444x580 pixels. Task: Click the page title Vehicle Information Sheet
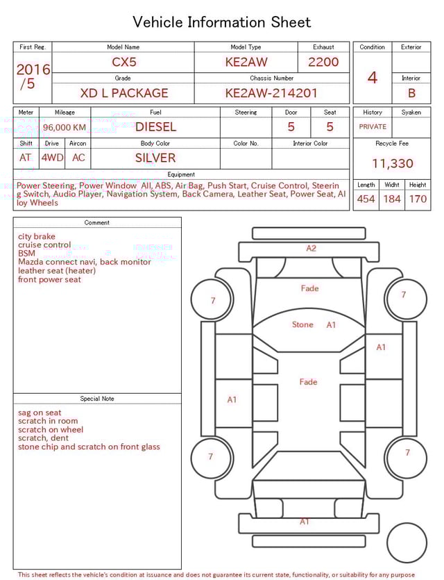click(x=222, y=22)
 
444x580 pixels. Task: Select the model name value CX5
click(x=124, y=62)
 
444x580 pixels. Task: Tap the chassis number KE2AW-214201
click(x=271, y=93)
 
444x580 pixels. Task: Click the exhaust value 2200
click(x=323, y=62)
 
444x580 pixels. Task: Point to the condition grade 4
click(x=373, y=78)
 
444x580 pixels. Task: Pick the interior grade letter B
click(x=411, y=93)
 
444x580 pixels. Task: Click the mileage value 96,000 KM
click(x=65, y=128)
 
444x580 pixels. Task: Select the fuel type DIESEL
click(x=155, y=127)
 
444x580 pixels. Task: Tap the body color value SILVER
click(x=155, y=158)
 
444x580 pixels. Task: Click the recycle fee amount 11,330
click(x=392, y=164)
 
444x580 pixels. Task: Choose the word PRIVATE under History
click(x=373, y=127)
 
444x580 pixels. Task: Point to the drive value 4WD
click(x=52, y=158)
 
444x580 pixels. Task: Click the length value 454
click(x=366, y=199)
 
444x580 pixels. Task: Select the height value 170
click(x=418, y=199)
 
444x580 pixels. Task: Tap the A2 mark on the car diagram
click(x=311, y=248)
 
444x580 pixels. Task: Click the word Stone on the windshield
click(x=302, y=324)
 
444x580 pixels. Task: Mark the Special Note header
click(x=97, y=399)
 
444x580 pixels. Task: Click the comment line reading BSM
click(x=26, y=254)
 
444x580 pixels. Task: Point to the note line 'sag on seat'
click(x=40, y=413)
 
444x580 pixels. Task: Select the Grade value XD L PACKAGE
click(x=124, y=93)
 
